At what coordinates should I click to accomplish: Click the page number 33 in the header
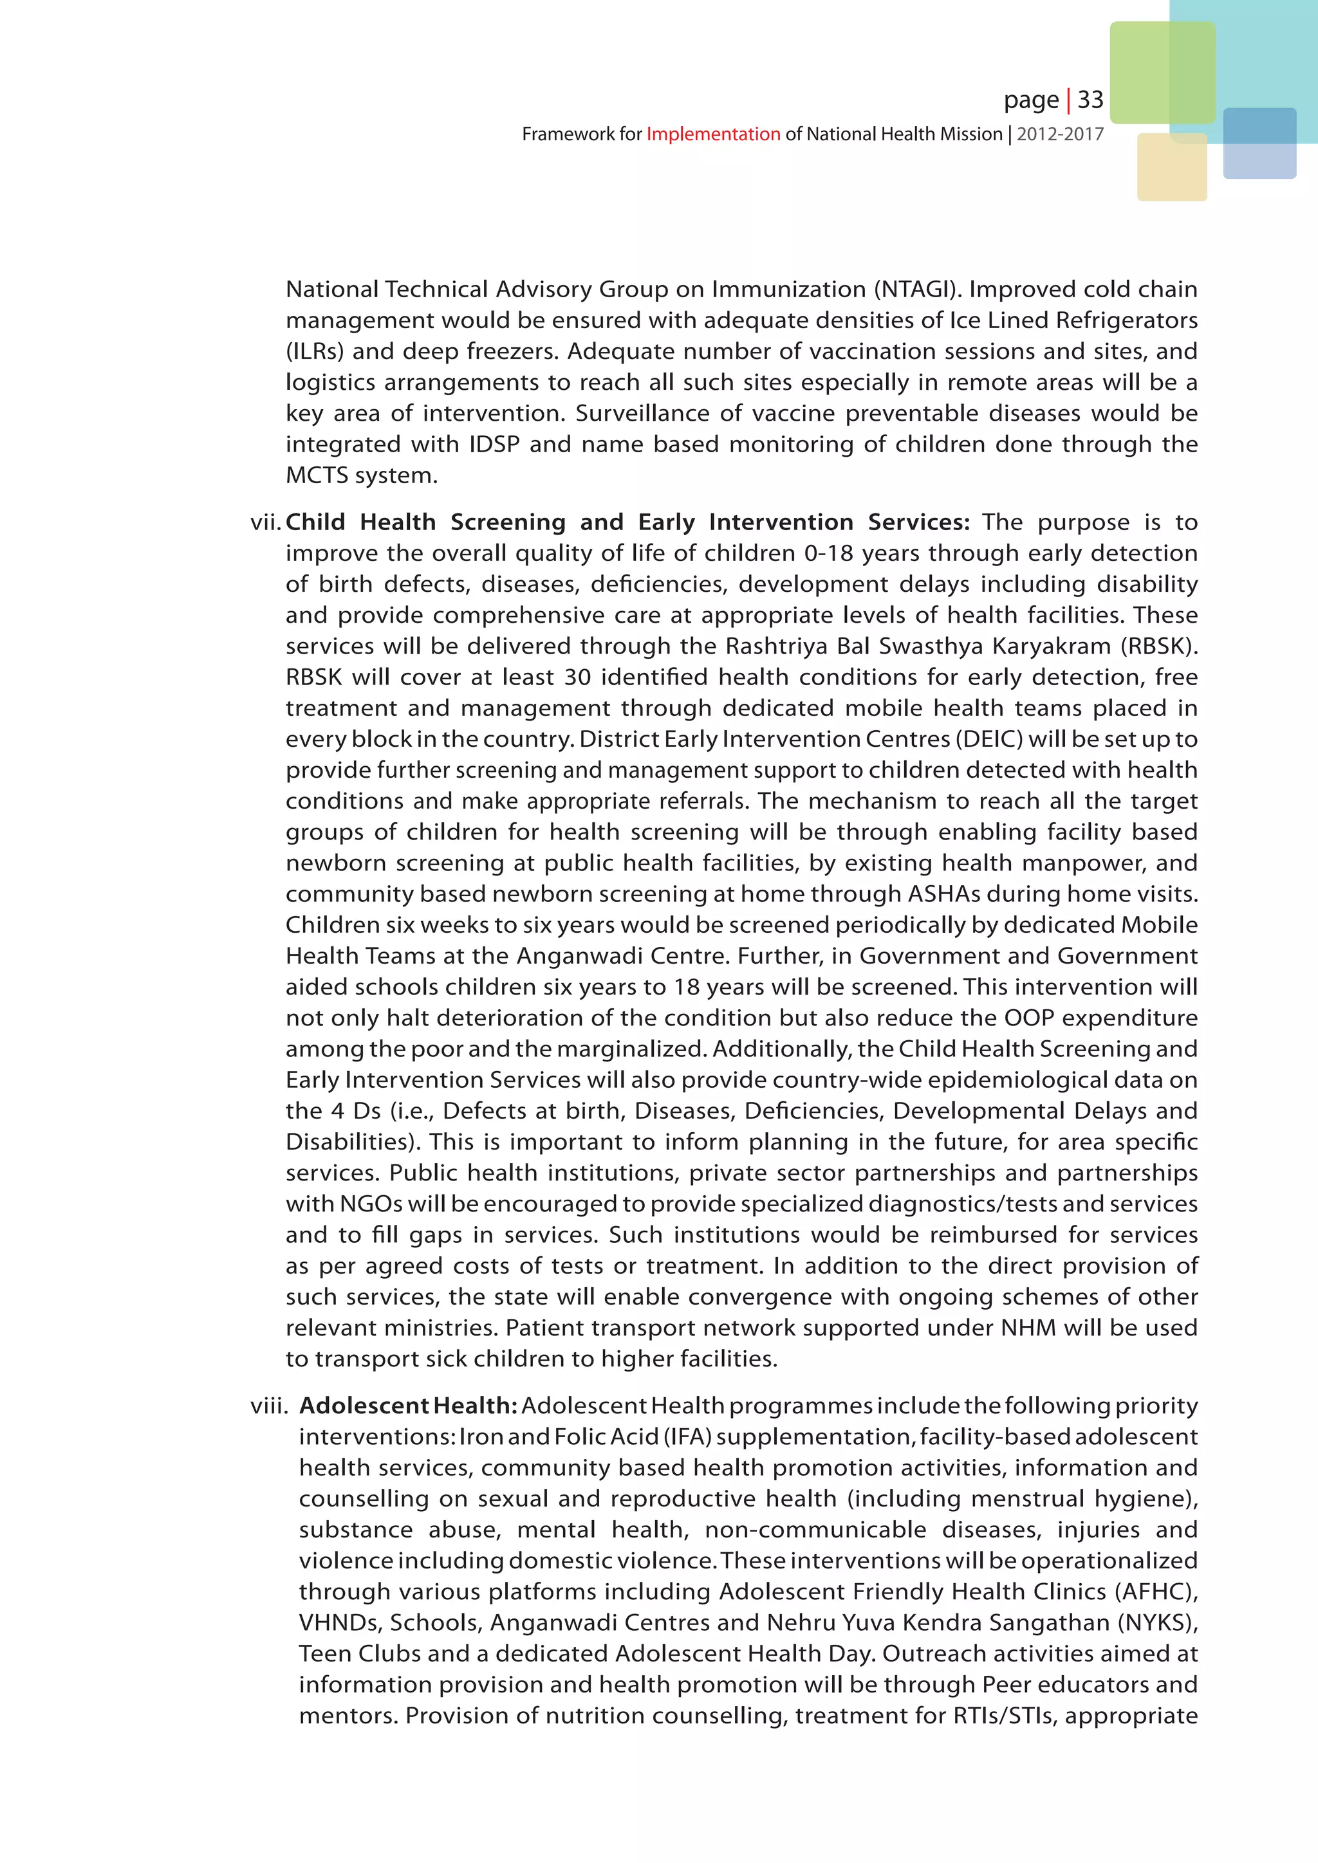click(x=1090, y=100)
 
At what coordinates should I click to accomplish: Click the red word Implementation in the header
click(x=712, y=134)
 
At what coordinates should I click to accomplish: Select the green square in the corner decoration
click(x=1162, y=73)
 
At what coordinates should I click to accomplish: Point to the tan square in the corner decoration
click(x=1171, y=167)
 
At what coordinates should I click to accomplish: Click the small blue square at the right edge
click(x=1259, y=143)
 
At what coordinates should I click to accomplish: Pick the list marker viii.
click(x=268, y=1406)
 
